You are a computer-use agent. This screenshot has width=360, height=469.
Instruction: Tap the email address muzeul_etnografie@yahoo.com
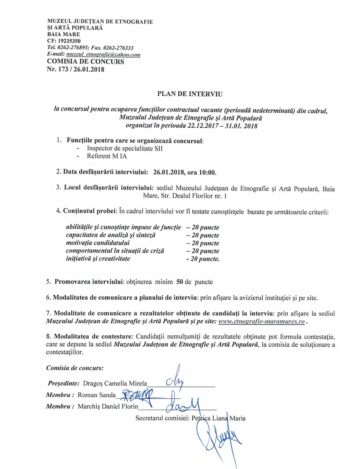click(x=103, y=55)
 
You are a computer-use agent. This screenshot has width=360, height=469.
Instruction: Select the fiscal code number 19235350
click(x=69, y=41)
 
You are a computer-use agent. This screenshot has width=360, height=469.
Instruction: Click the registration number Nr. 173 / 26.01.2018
click(x=76, y=70)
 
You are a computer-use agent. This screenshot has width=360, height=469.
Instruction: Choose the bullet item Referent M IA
click(x=107, y=156)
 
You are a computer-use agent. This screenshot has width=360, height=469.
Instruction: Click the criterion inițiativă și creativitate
click(x=98, y=259)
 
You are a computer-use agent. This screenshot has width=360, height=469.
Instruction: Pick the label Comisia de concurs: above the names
click(x=75, y=368)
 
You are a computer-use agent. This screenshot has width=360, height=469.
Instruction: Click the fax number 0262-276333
click(x=117, y=48)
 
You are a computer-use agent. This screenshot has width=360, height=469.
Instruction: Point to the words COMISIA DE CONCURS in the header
click(x=86, y=62)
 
